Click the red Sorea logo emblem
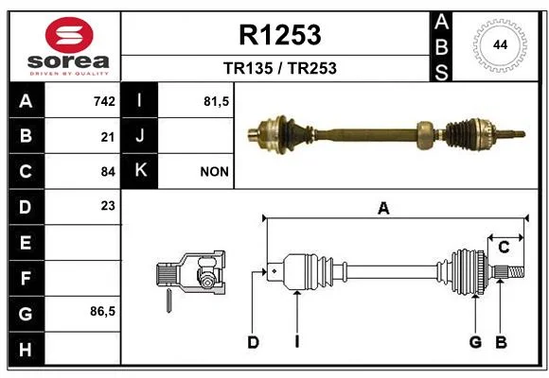click(69, 35)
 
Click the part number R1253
click(280, 35)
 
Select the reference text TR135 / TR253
click(280, 68)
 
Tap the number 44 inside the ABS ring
click(500, 44)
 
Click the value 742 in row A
click(104, 101)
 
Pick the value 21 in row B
click(108, 137)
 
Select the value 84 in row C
click(108, 172)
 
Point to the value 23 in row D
click(108, 206)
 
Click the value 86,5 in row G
click(102, 311)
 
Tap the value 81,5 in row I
click(216, 101)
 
